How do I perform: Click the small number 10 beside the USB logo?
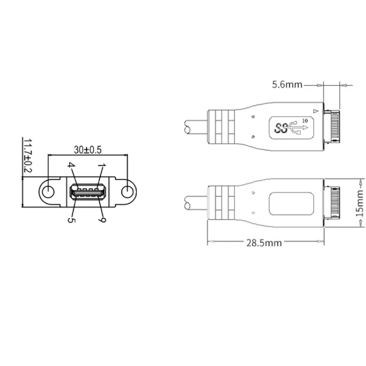pyautogui.click(x=306, y=120)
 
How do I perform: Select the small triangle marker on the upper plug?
pyautogui.click(x=314, y=111)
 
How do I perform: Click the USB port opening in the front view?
pyautogui.click(x=87, y=192)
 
